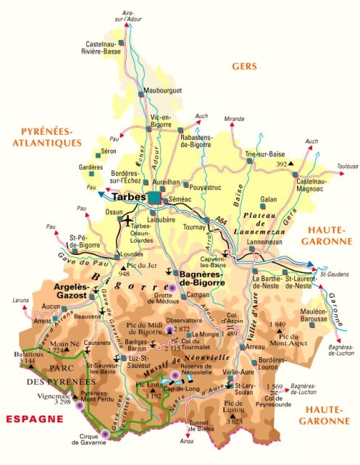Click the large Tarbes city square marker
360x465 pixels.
pos(154,196)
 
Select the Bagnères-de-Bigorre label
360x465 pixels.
pos(209,277)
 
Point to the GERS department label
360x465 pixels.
pos(245,66)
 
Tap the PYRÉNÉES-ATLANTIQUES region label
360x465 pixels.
pos(47,136)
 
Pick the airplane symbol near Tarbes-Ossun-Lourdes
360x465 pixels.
pos(129,220)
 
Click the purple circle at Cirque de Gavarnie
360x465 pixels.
pos(106,435)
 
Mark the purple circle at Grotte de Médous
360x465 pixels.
pos(172,288)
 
